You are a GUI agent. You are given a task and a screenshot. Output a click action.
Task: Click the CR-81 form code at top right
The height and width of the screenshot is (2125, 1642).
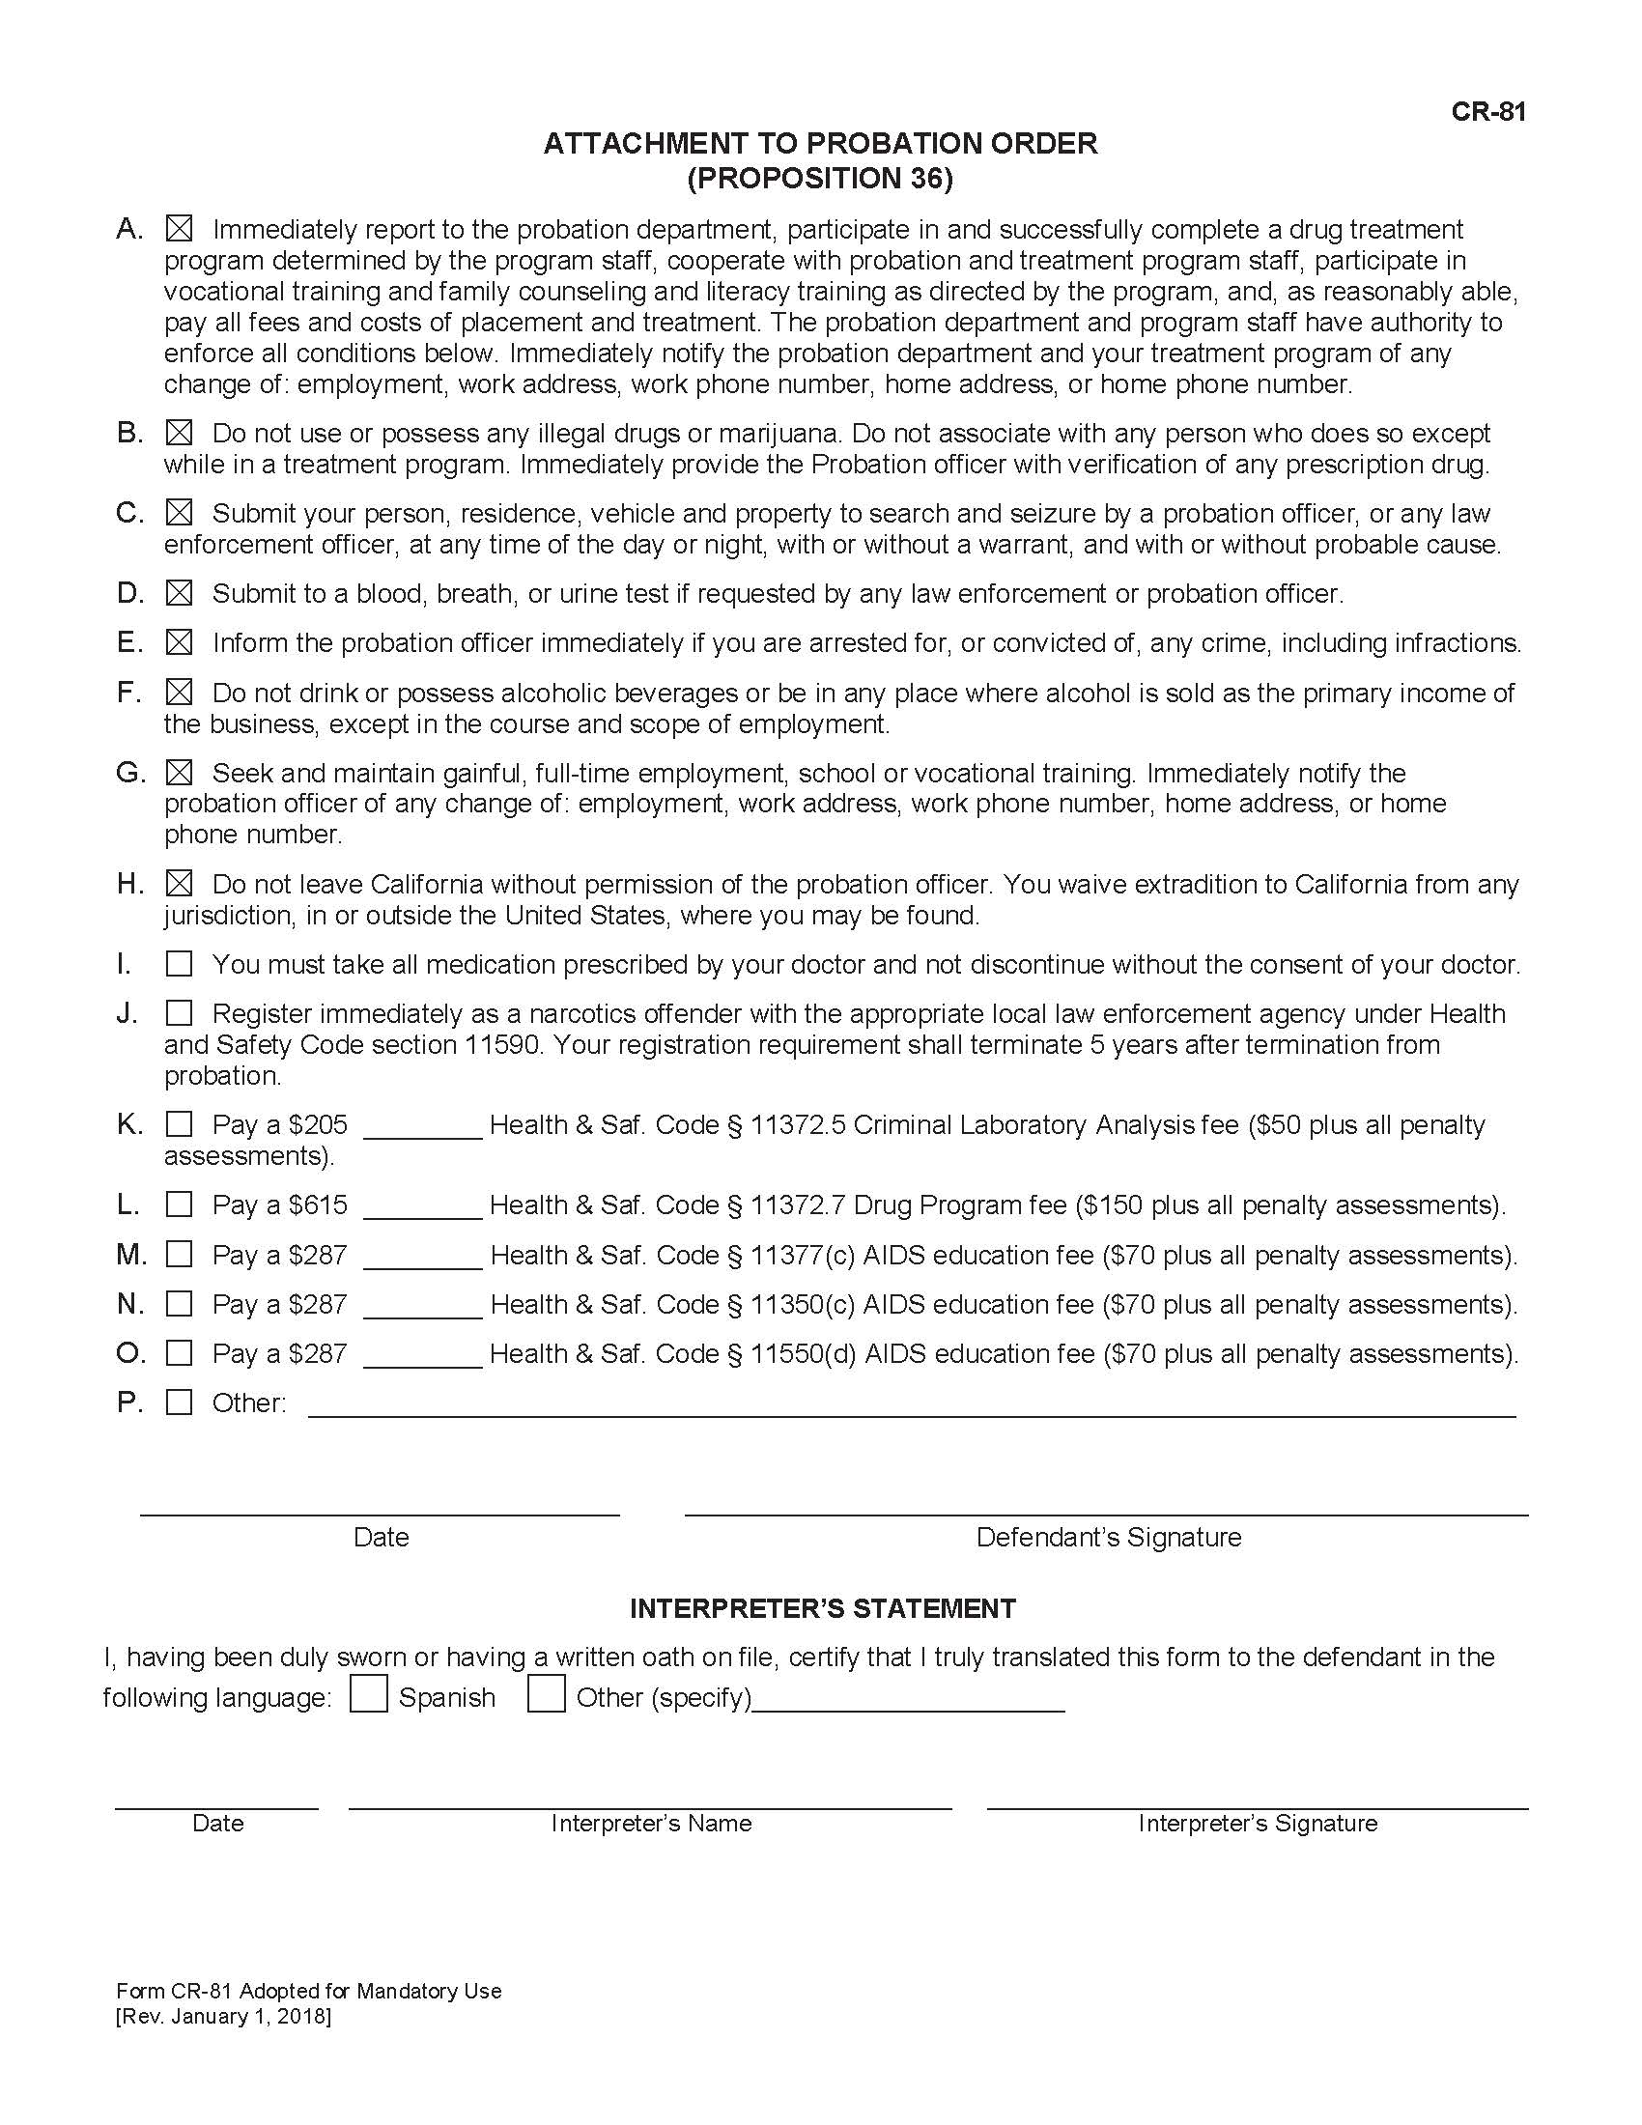point(1487,112)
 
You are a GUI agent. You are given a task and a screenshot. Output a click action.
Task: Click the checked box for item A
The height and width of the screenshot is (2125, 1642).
point(179,230)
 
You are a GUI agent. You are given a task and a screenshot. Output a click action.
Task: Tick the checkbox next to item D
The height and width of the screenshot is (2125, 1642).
point(179,593)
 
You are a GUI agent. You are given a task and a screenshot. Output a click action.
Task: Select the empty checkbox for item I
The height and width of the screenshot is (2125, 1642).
point(179,964)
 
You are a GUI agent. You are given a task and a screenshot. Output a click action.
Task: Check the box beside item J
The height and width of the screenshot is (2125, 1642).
point(179,1014)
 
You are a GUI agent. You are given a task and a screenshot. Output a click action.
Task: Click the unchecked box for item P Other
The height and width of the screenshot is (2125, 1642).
point(179,1402)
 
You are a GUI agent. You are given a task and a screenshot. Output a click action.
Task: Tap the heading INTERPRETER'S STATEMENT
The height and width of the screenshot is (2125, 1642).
point(822,1608)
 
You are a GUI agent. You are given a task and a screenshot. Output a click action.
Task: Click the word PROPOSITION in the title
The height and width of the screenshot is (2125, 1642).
point(788,179)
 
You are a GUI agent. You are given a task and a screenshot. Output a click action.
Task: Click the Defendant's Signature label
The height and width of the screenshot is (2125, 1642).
point(1108,1538)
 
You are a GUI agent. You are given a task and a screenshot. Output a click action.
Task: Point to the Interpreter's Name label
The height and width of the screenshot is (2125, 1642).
point(651,1823)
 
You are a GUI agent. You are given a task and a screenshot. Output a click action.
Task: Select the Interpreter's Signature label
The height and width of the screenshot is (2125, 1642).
point(1257,1823)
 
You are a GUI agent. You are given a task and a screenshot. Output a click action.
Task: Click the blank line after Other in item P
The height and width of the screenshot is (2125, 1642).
point(911,1407)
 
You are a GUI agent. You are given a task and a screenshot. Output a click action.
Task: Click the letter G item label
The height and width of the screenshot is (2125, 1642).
point(129,773)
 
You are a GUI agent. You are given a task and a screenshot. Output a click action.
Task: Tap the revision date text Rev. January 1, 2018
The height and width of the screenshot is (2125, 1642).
point(224,2016)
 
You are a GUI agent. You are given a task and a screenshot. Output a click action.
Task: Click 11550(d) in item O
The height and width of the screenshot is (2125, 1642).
point(803,1353)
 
